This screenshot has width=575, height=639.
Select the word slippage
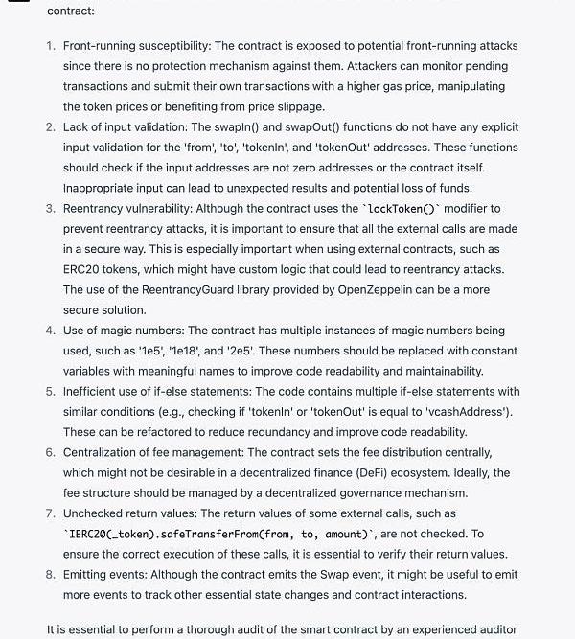pos(297,106)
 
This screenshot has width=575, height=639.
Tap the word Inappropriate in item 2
pos(103,188)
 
